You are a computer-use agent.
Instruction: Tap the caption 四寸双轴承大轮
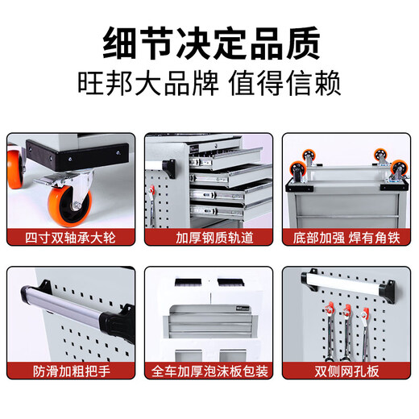[71, 239]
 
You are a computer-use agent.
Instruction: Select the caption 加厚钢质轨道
[209, 239]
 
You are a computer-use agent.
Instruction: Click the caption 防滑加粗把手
[71, 371]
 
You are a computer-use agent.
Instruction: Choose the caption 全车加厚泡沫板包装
[209, 371]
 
